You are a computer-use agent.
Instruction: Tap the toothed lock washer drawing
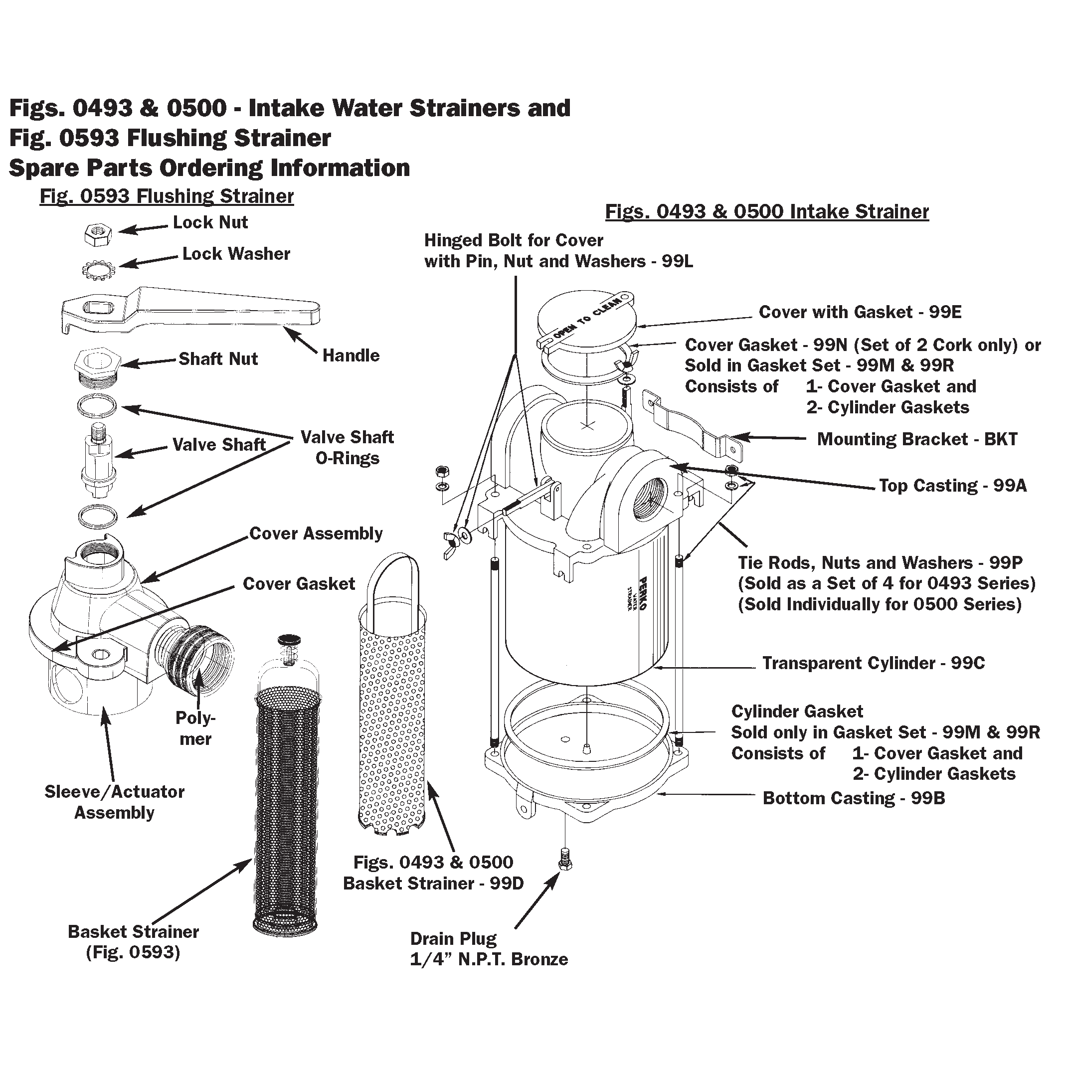pos(99,269)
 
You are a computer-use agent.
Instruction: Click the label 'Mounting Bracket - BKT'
pos(917,439)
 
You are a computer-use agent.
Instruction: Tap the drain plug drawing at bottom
pos(564,860)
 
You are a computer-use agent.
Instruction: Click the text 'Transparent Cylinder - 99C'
pos(874,663)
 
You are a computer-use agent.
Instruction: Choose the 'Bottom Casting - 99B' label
pos(854,798)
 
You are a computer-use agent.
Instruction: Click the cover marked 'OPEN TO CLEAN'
pos(585,320)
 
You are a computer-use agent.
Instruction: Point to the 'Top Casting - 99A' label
pos(953,486)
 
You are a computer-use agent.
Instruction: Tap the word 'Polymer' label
pos(195,728)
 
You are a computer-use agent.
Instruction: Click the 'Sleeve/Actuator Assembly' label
pos(114,802)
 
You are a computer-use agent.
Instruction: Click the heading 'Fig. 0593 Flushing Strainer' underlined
pos(167,196)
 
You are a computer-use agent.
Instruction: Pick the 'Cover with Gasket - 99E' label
pos(860,312)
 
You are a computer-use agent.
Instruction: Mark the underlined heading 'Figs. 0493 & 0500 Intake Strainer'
pos(767,212)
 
